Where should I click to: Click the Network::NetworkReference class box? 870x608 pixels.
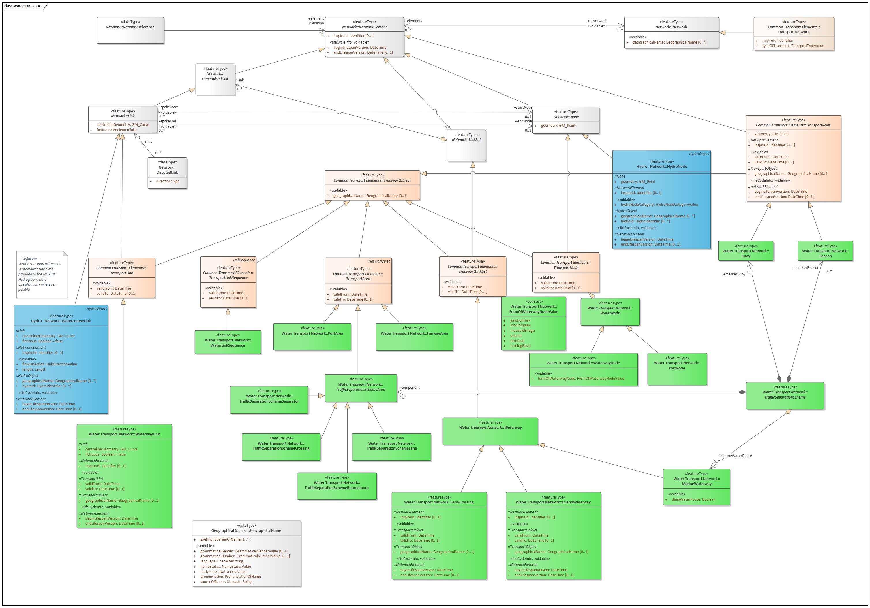(130, 30)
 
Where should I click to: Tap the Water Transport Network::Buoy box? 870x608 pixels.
(745, 251)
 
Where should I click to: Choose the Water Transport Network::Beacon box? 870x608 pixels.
(825, 251)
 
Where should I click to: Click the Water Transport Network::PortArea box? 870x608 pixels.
(312, 337)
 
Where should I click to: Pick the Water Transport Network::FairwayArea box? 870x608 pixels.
(414, 337)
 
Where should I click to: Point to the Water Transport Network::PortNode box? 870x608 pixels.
(677, 369)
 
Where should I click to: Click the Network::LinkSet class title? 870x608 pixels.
(466, 140)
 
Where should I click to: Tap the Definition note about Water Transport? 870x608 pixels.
(42, 274)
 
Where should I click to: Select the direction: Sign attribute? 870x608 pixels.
(168, 181)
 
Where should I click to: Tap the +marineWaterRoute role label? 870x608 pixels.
(735, 456)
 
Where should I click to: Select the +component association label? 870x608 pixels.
(409, 387)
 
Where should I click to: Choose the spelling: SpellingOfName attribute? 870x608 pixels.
(225, 539)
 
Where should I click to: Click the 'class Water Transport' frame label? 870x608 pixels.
(23, 6)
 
